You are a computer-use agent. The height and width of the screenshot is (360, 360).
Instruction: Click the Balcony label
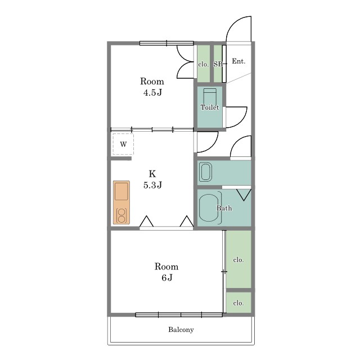181,330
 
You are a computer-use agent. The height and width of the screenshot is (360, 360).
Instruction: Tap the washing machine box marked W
123,144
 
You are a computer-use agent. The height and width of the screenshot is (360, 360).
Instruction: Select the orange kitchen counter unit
121,202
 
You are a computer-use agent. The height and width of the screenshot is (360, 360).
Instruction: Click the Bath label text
224,208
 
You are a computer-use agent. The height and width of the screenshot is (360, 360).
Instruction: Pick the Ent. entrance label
238,61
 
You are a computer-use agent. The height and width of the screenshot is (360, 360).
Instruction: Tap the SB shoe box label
218,64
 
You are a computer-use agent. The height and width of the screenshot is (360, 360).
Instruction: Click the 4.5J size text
152,92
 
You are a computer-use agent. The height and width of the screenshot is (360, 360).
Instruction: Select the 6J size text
167,278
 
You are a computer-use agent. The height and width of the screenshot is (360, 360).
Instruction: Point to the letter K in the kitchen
152,174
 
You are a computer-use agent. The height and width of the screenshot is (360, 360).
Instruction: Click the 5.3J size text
152,185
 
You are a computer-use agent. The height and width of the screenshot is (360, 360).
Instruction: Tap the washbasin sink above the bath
205,172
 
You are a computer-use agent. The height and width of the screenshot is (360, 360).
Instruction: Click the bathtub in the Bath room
209,208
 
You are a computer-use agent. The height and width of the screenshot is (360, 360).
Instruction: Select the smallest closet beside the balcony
238,303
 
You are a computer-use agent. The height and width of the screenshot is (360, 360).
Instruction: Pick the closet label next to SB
204,64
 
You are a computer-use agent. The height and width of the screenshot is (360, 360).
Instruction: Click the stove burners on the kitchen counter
121,215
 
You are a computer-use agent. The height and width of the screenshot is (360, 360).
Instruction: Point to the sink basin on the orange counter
121,191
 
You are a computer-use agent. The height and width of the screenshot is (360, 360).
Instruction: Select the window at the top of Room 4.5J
166,43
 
